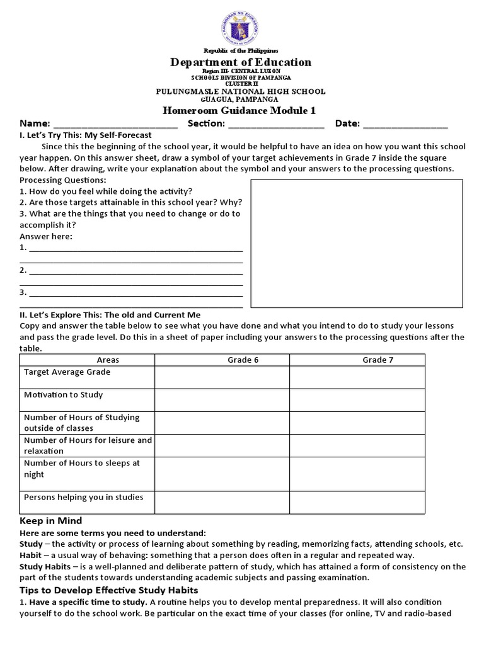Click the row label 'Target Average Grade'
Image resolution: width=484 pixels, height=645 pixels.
tap(67, 372)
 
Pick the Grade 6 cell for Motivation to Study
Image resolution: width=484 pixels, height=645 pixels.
tap(222, 399)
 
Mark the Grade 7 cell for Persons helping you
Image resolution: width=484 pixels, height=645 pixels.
tap(357, 502)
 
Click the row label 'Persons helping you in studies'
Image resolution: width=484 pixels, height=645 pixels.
tap(83, 497)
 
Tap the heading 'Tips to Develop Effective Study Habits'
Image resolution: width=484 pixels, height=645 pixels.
tap(109, 590)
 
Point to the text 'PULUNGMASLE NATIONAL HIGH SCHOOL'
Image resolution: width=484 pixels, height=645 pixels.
tap(241, 91)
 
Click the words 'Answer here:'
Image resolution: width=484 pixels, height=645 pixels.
tap(46, 236)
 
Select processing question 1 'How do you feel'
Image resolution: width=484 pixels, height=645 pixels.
tap(106, 191)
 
